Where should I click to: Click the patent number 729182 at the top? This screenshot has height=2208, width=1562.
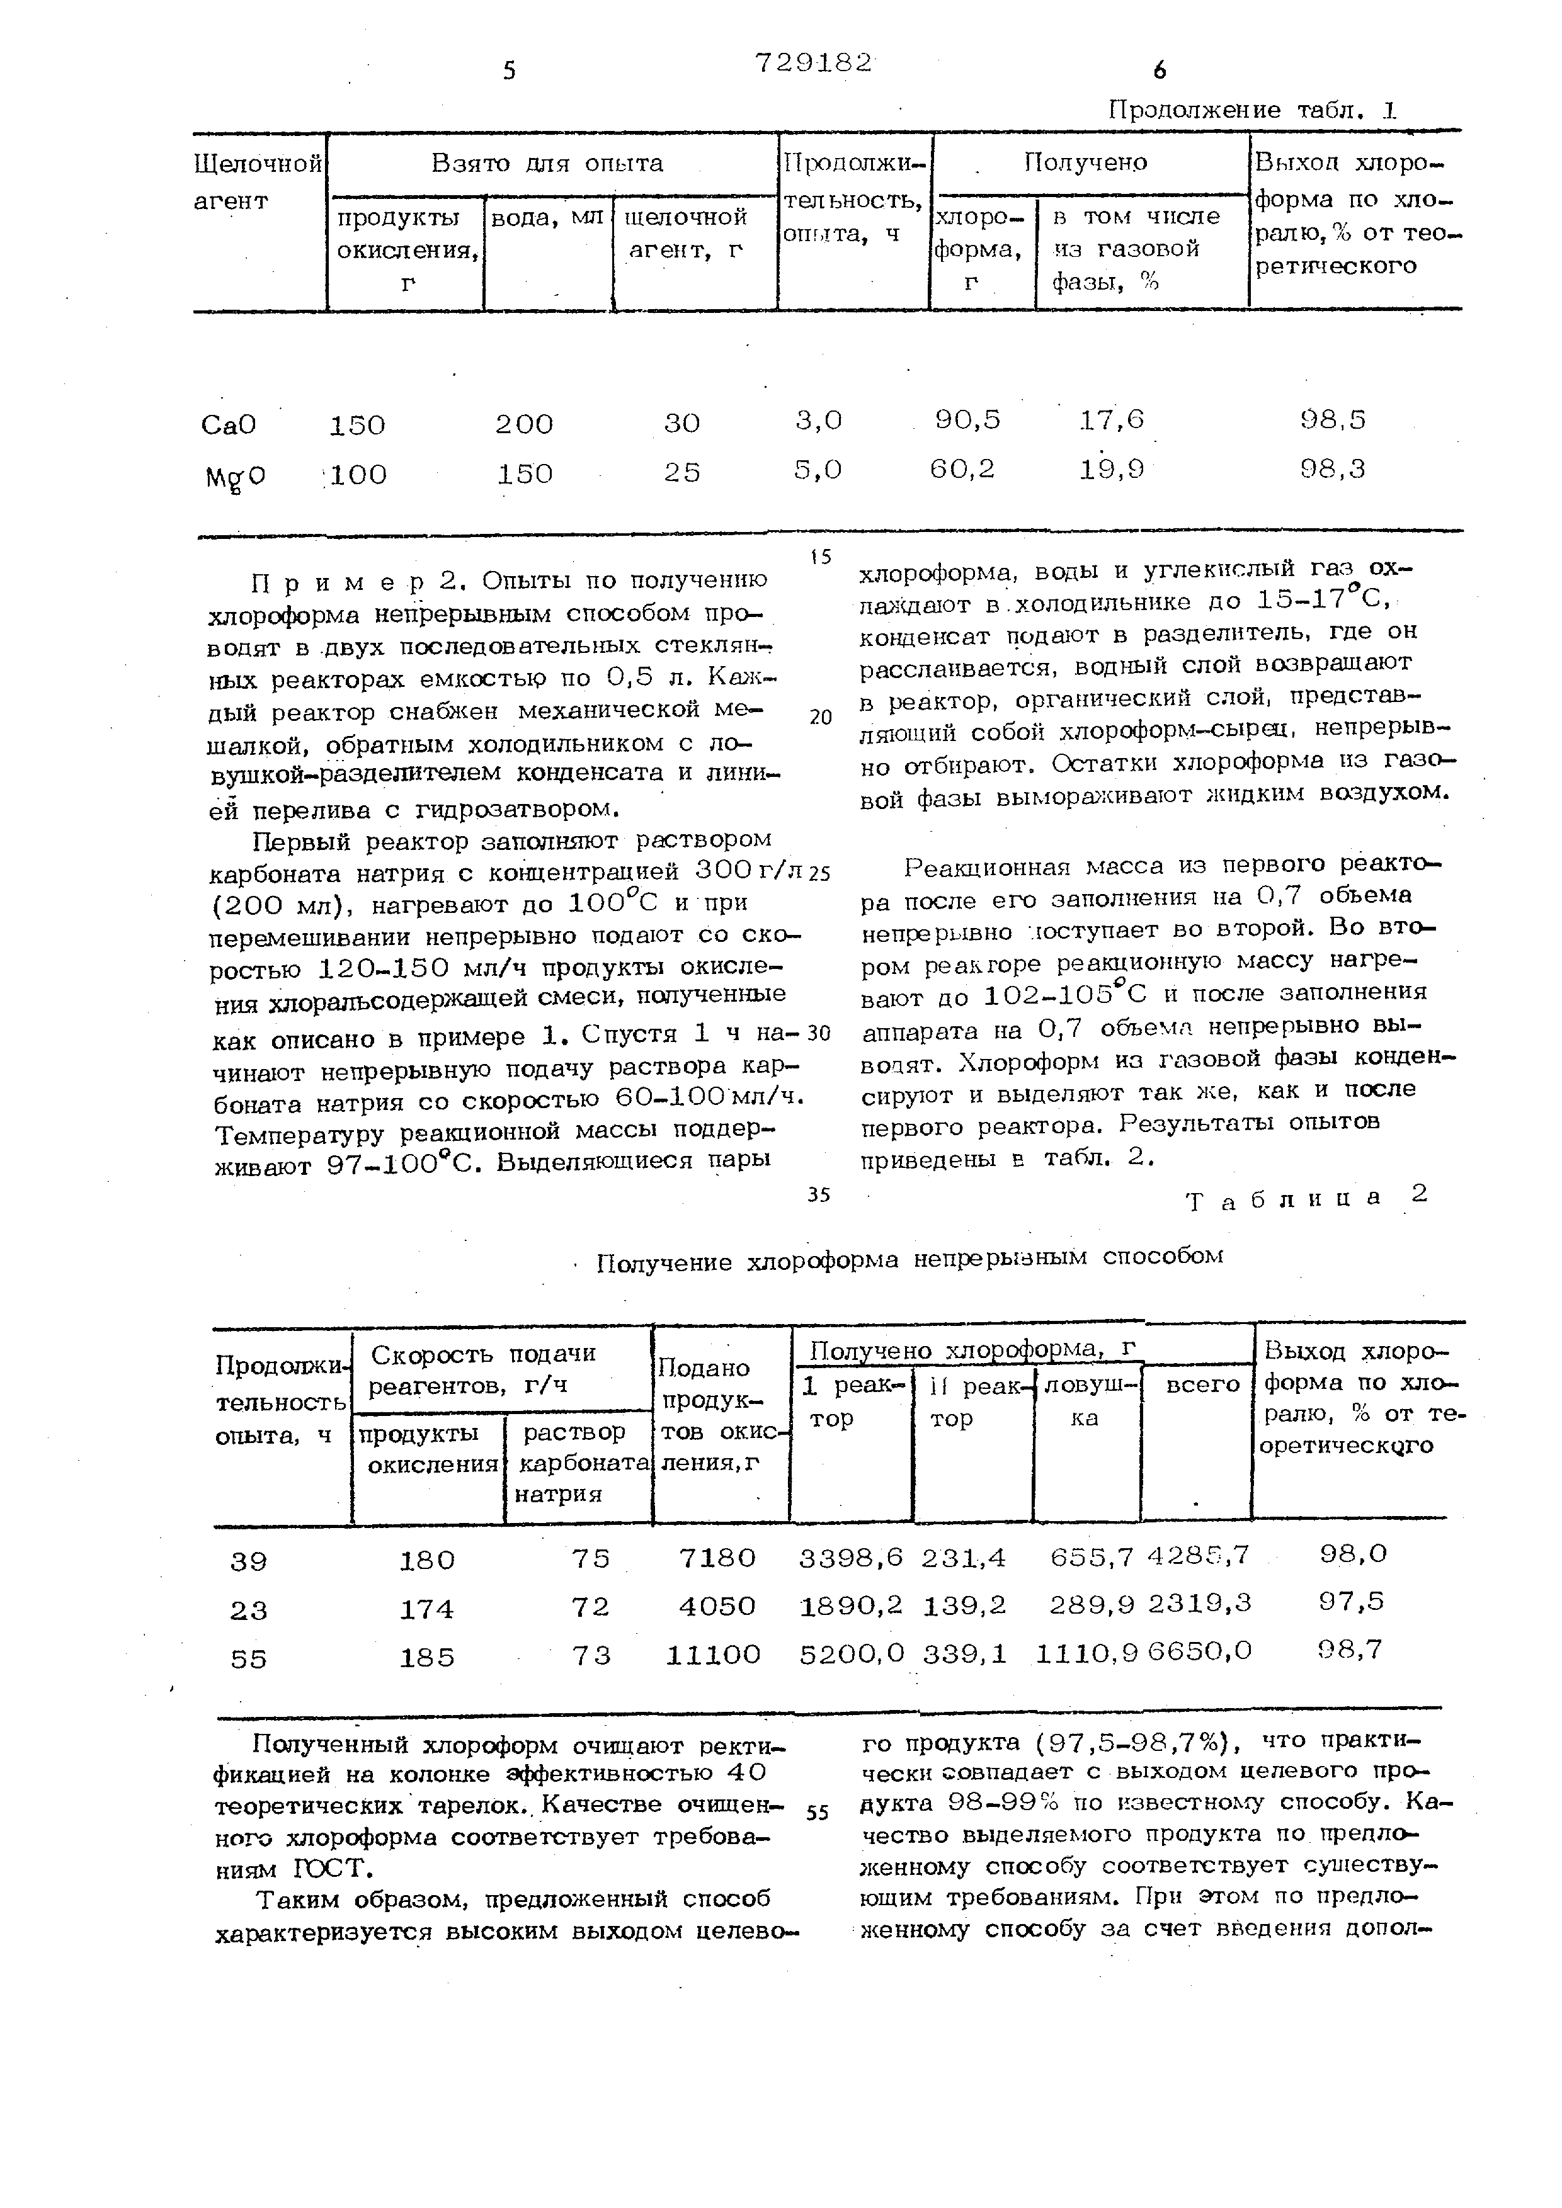tap(814, 62)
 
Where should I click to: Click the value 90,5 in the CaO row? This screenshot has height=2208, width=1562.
tap(967, 419)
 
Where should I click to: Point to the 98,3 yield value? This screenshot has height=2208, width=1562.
tap(1332, 469)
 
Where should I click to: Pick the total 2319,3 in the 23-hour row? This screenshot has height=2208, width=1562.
tap(1199, 1603)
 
